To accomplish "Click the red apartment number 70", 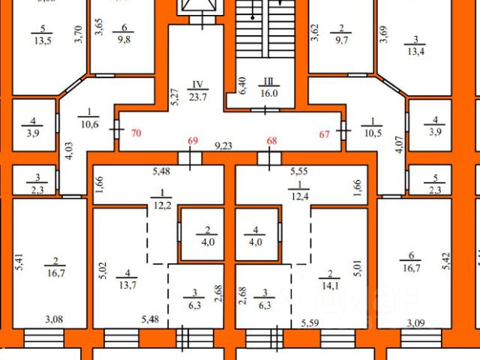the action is pyautogui.click(x=136, y=134).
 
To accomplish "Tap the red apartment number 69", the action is pyautogui.click(x=193, y=141).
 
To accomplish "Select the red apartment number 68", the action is pyautogui.click(x=272, y=141).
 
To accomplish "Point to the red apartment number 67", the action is pyautogui.click(x=324, y=134).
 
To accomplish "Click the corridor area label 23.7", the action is pyautogui.click(x=198, y=96).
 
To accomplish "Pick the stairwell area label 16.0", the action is pyautogui.click(x=269, y=94).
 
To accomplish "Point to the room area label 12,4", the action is pyautogui.click(x=300, y=196).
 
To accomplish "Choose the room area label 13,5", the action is pyautogui.click(x=43, y=40).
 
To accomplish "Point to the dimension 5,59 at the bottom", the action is pyautogui.click(x=311, y=324).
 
